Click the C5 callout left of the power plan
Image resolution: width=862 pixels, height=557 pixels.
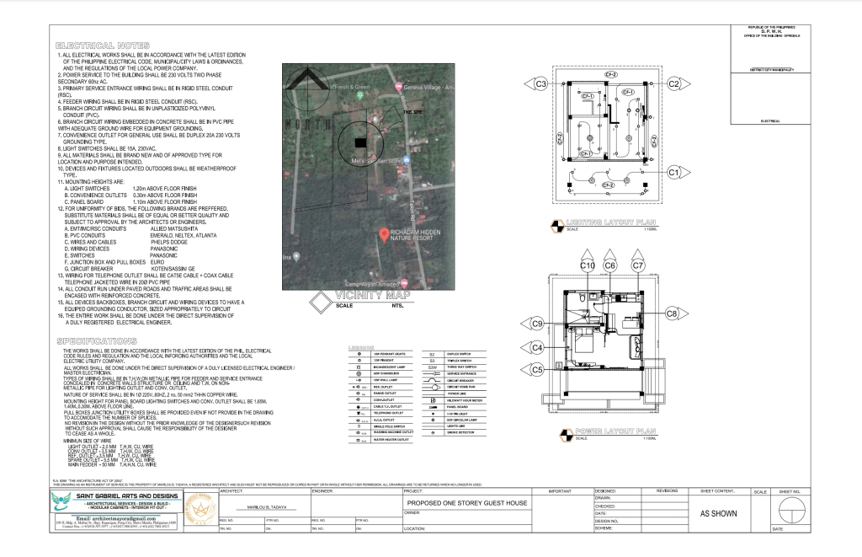tap(536, 369)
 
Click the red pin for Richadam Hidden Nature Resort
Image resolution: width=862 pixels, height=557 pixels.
tap(384, 233)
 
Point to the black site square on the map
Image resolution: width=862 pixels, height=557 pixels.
tap(360, 143)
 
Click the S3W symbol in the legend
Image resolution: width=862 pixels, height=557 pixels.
tap(433, 367)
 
